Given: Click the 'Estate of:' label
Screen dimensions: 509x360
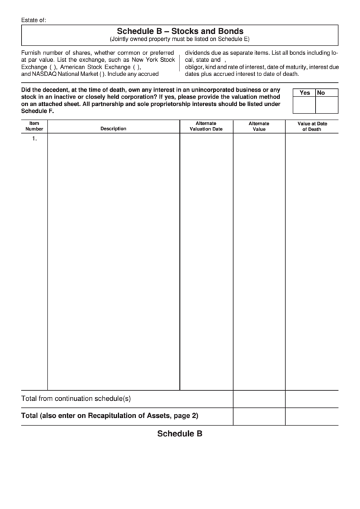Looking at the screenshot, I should point(34,20).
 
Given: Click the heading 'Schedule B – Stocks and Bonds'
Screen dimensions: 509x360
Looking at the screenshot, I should point(180,31).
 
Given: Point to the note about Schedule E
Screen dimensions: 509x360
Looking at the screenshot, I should point(180,39).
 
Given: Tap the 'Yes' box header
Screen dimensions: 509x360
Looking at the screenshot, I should point(304,93).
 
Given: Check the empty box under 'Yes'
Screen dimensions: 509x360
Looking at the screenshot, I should point(304,105).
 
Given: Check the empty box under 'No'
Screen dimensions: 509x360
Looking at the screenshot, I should point(327,105).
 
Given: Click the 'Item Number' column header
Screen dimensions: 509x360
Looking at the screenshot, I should point(34,126).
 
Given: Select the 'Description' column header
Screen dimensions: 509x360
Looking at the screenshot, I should point(113,128).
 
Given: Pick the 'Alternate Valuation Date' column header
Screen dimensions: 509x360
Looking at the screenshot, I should point(206,126).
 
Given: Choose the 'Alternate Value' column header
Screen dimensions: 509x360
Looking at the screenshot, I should point(259,126).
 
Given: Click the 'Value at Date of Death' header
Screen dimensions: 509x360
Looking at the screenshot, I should point(312,126).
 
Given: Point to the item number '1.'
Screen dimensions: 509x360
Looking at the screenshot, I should point(34,138).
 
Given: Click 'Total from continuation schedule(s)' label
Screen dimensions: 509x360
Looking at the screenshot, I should point(76,398).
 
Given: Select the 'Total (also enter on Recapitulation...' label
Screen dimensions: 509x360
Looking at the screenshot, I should point(109,415).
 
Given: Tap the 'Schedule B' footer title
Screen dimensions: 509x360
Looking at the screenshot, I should point(180,434).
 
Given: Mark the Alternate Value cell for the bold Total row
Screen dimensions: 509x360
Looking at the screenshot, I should point(259,415).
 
